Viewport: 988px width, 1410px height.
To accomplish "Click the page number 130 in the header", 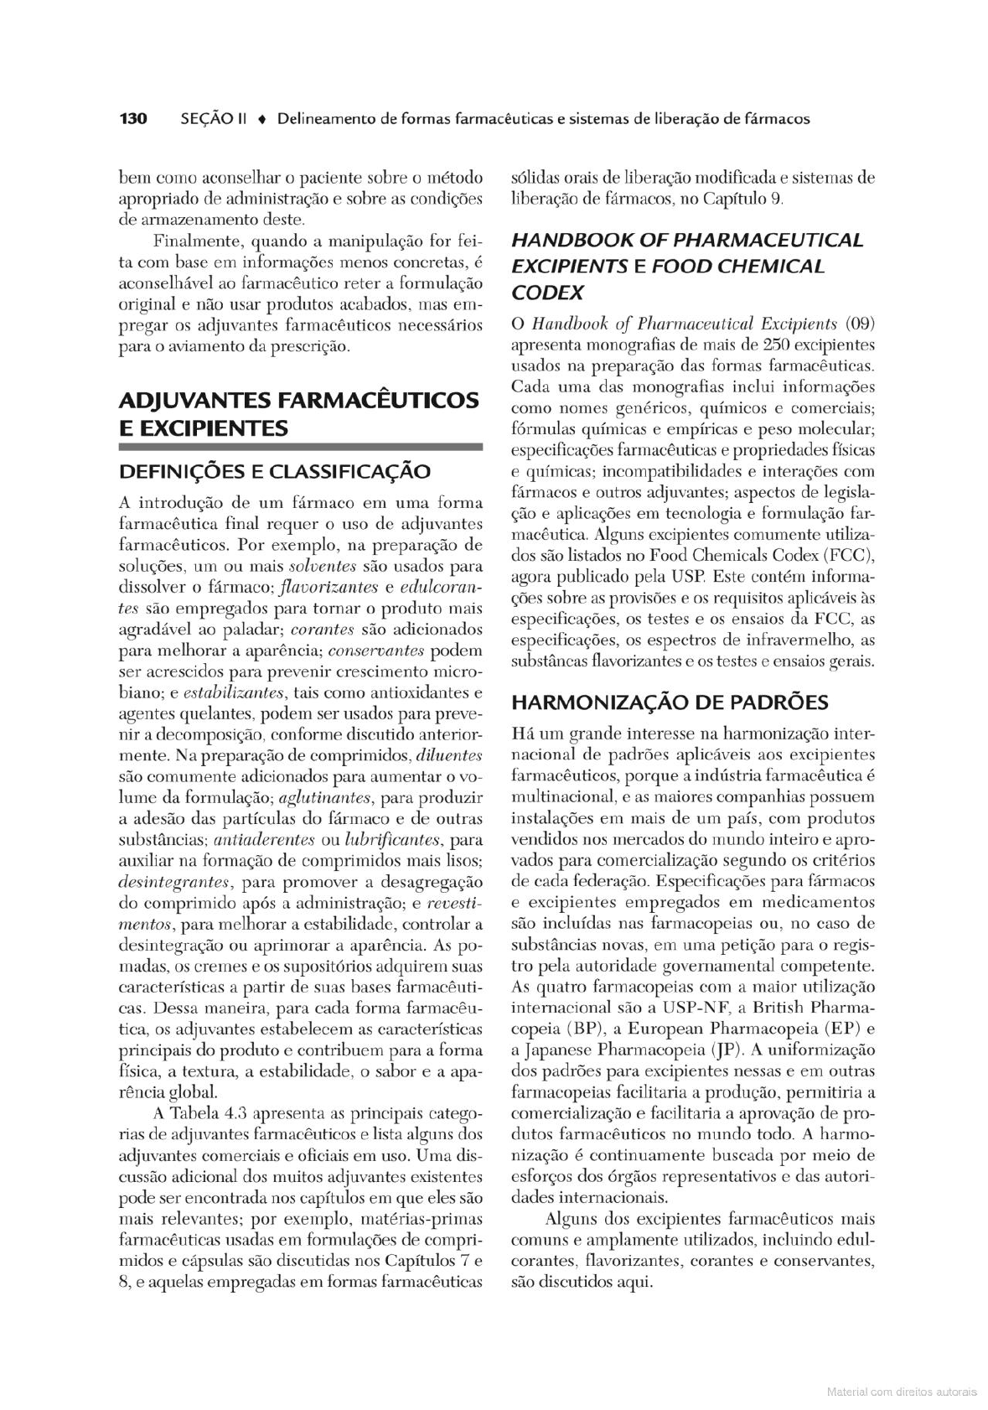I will coord(133,119).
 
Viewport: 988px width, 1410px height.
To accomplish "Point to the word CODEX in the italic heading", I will coord(547,293).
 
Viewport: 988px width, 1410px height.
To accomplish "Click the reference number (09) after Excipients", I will coord(860,324).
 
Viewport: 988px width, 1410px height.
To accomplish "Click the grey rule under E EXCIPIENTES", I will coord(301,448).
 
